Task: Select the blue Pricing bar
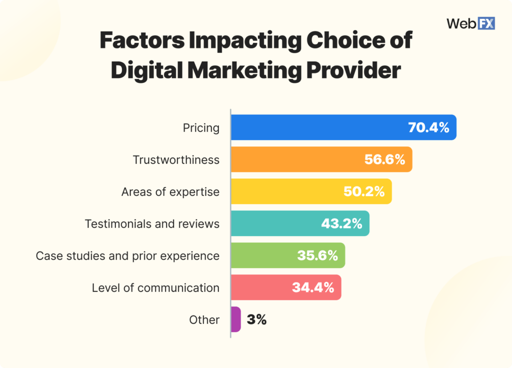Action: [x=320, y=127]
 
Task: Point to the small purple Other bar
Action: [x=236, y=319]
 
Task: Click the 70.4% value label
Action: [x=428, y=127]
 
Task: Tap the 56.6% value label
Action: [x=384, y=159]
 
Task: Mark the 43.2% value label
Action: [x=341, y=223]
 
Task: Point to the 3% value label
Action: [x=256, y=319]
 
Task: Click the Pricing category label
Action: [x=201, y=128]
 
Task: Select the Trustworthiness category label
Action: [x=176, y=160]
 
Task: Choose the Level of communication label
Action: [x=155, y=288]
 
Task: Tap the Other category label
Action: [x=204, y=320]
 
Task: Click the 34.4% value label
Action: [x=313, y=287]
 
